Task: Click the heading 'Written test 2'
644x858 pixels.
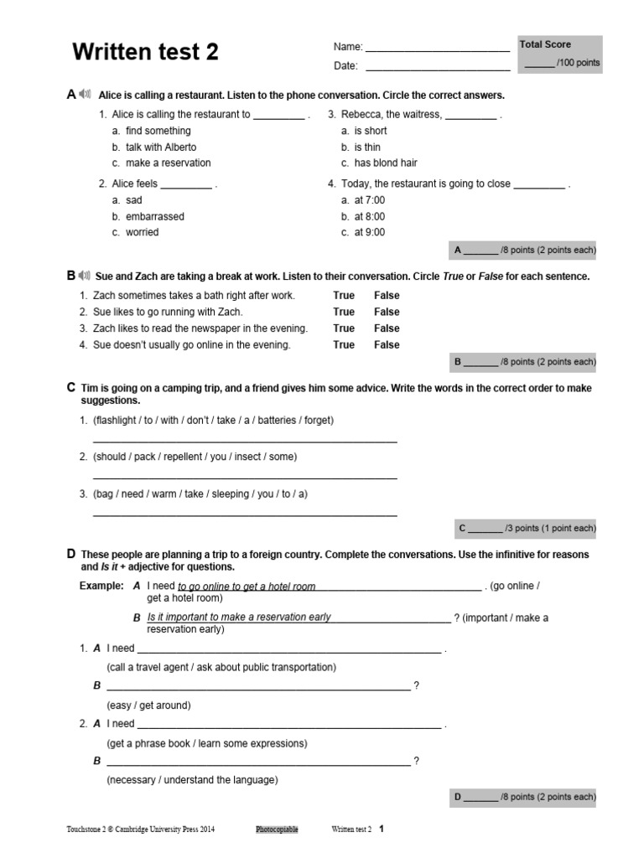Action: coord(146,52)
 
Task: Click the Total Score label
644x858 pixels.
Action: coord(545,44)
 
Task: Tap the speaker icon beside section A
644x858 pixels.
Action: coord(85,95)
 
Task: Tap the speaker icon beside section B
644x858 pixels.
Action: coord(85,275)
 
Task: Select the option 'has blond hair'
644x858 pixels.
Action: coord(385,163)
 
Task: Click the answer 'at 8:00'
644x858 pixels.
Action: coord(369,216)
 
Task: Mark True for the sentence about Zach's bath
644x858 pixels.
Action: coord(344,295)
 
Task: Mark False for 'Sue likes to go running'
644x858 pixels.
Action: coord(387,312)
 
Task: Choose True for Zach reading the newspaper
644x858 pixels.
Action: coord(344,328)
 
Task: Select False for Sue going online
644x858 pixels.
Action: coord(387,344)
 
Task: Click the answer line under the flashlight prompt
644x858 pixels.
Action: coord(244,440)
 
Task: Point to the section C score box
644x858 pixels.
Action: coord(525,528)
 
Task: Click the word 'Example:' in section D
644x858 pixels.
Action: coord(101,586)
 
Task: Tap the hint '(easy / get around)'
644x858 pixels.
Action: coord(148,706)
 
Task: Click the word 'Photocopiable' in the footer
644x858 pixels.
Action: coord(277,830)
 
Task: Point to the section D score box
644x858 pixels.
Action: coord(523,797)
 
